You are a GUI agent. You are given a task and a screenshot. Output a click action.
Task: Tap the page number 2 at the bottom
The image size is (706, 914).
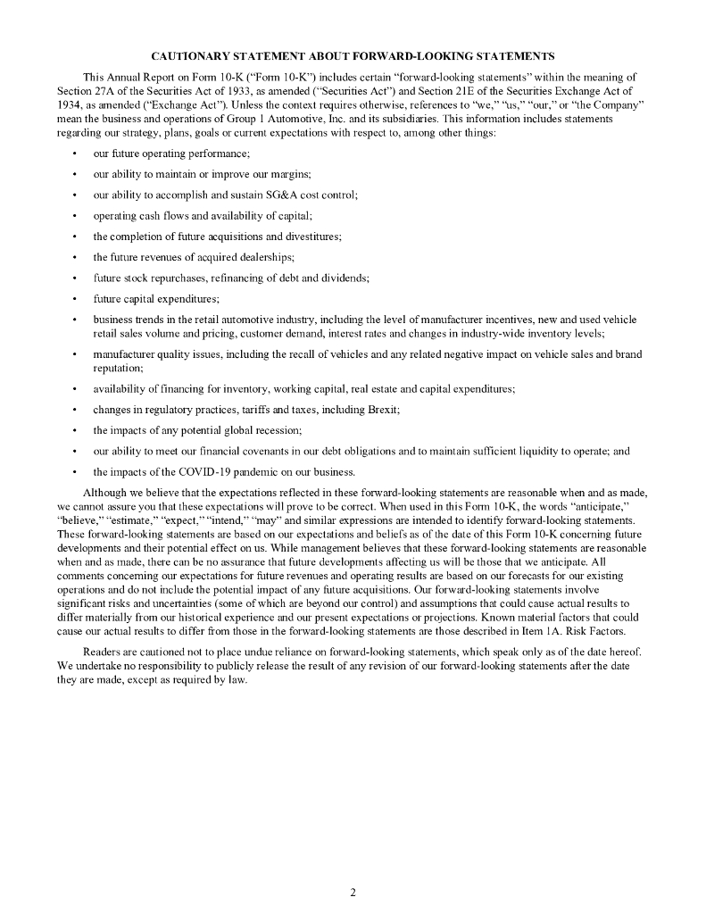[x=353, y=892]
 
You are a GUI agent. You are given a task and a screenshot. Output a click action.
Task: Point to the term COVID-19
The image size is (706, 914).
[x=199, y=472]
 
